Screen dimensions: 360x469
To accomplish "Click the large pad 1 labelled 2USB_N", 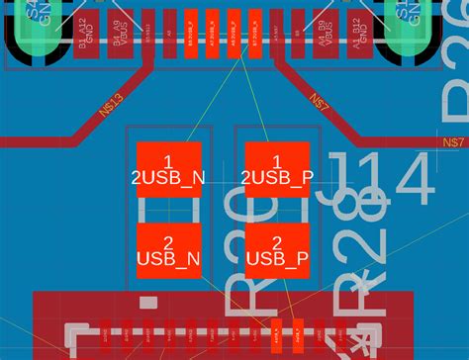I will pyautogui.click(x=168, y=169).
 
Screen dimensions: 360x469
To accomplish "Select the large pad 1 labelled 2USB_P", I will pyautogui.click(x=277, y=169).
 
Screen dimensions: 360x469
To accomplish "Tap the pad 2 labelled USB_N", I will pyautogui.click(x=168, y=250).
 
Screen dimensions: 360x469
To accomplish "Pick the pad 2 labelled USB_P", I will pyautogui.click(x=277, y=250).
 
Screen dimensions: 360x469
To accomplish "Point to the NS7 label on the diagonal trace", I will pyautogui.click(x=320, y=101).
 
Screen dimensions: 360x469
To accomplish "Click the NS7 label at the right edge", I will pyautogui.click(x=453, y=143).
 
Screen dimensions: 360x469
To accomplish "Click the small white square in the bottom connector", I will pyautogui.click(x=146, y=301).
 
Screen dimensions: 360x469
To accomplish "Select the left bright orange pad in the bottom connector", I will pyautogui.click(x=276, y=337).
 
